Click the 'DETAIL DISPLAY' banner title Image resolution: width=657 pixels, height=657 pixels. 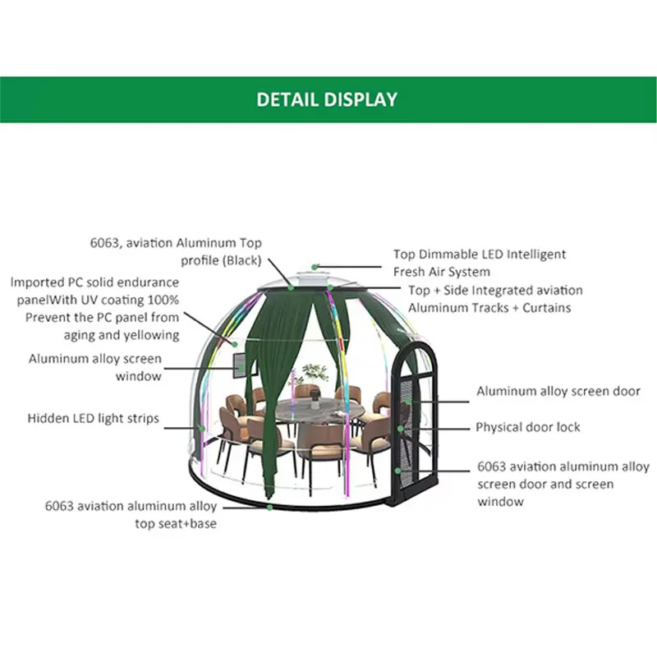point(327,99)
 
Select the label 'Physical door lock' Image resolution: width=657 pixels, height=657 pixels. point(528,427)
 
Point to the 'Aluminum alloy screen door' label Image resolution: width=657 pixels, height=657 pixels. point(558,392)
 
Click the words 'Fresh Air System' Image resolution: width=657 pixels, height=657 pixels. point(441,271)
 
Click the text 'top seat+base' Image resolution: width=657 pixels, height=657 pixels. point(176,523)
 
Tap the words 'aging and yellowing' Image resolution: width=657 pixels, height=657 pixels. point(122,334)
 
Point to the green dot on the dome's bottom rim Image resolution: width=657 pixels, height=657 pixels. point(270,507)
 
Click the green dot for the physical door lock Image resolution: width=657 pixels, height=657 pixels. point(400,427)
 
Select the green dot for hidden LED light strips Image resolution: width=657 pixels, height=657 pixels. point(200,426)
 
